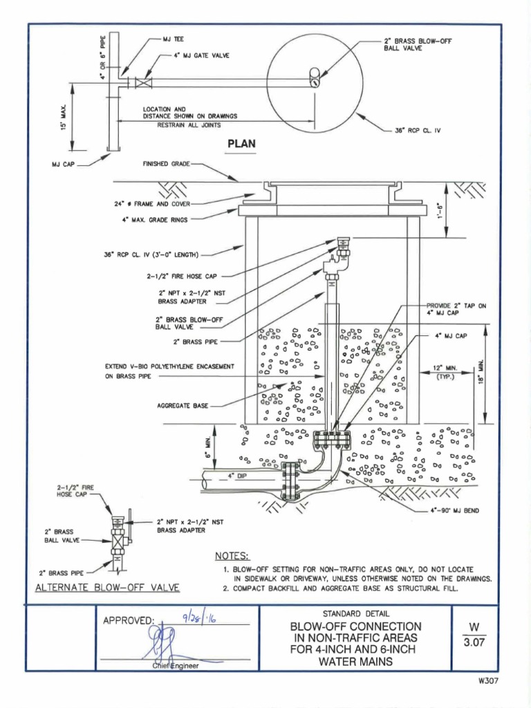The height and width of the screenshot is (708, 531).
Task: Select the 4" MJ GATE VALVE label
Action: point(201,55)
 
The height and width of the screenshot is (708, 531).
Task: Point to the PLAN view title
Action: point(242,145)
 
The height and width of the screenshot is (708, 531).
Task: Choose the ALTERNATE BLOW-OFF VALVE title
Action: point(107,588)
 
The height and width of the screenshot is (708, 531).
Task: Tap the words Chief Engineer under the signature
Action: point(176,666)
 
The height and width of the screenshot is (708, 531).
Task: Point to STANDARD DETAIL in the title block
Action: point(355,613)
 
